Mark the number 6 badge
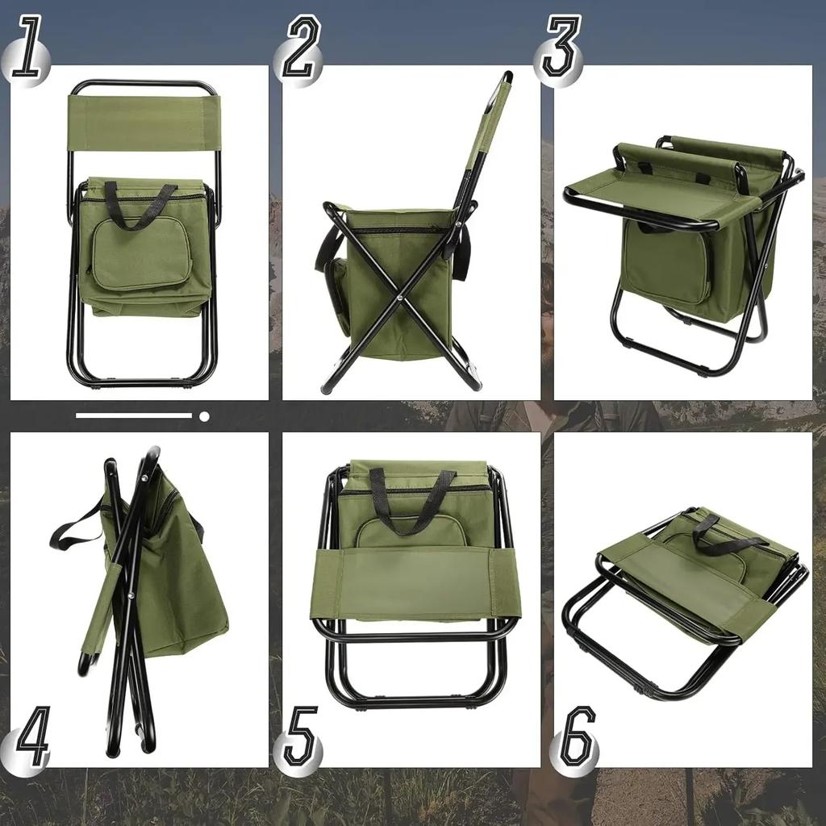[x=575, y=737]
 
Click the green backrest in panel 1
[x=144, y=123]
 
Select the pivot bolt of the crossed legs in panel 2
[x=401, y=298]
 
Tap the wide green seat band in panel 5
[x=415, y=582]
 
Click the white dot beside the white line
[x=204, y=416]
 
